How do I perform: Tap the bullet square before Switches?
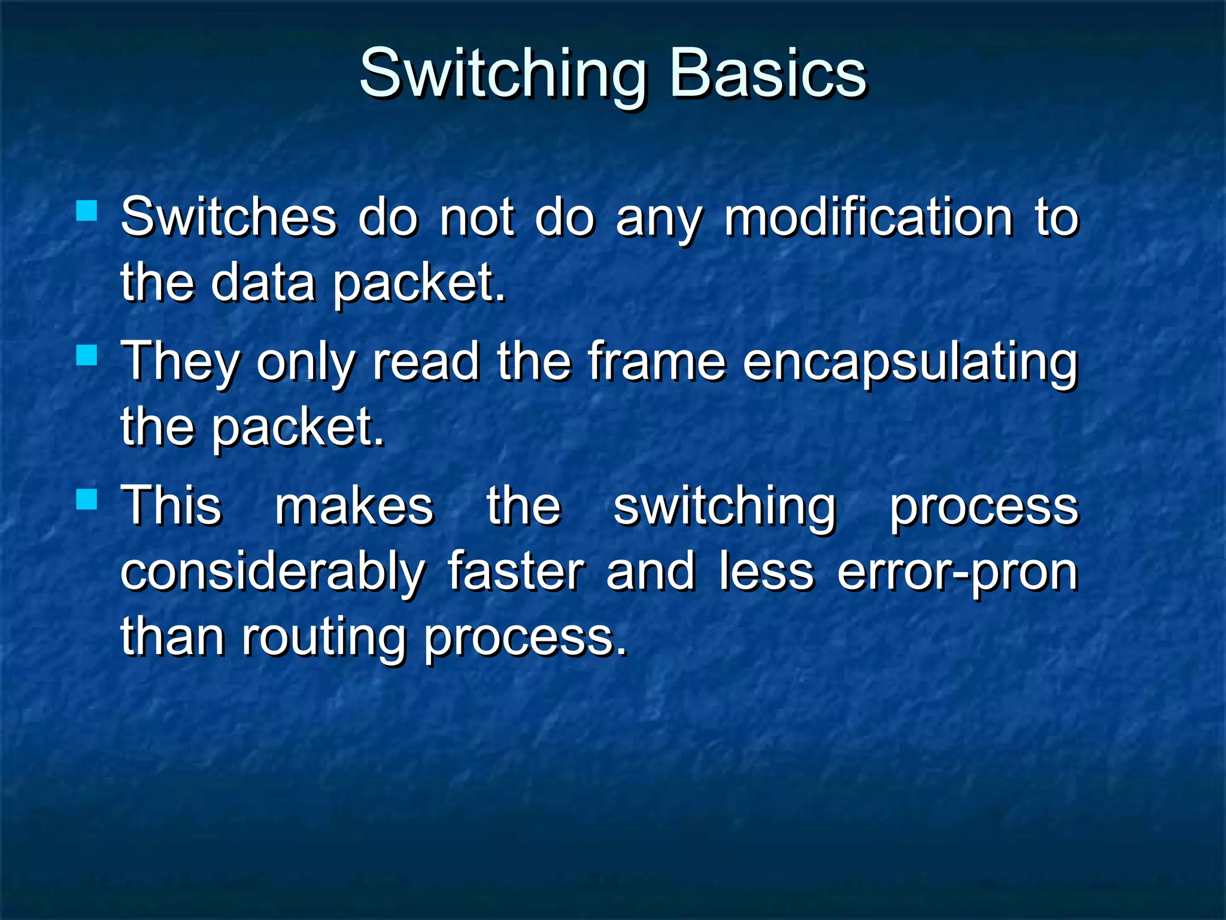tap(87, 210)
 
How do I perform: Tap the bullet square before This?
tap(87, 499)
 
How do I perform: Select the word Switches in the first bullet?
tap(229, 217)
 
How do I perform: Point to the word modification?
tap(869, 217)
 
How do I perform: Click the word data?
tap(263, 283)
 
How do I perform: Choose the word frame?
tap(656, 362)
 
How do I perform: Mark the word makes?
tap(354, 507)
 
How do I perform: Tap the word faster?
tap(515, 572)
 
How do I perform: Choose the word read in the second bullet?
tap(426, 362)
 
